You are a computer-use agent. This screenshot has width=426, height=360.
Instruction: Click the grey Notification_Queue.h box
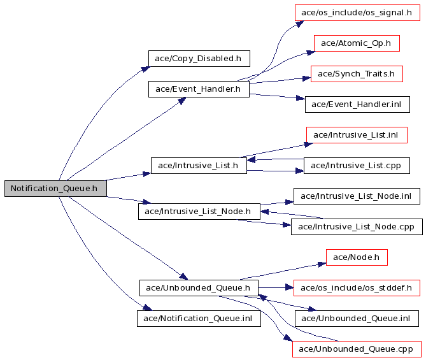point(55,188)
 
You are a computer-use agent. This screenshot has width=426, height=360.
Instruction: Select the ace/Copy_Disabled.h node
point(199,59)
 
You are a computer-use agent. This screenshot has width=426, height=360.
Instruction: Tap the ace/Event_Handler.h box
point(199,89)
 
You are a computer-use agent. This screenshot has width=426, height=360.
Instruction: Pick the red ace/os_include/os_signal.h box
point(357,13)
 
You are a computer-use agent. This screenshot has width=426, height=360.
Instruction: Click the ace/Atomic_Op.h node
point(357,43)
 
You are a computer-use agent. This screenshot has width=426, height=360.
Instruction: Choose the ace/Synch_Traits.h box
point(357,74)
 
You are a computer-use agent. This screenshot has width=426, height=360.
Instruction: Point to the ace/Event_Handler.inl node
point(357,104)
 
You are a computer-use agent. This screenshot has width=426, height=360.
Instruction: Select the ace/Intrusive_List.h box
point(199,166)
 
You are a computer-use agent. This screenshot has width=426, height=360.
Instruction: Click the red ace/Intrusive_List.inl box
point(357,135)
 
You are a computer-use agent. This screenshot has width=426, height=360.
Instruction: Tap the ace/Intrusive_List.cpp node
point(357,166)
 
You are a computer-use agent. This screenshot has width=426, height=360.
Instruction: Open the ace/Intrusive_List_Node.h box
point(199,212)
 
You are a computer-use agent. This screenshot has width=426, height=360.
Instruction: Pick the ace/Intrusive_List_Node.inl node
point(357,196)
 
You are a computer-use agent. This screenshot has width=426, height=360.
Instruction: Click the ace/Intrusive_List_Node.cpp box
point(357,227)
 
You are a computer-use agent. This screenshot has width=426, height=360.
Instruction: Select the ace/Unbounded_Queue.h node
point(199,288)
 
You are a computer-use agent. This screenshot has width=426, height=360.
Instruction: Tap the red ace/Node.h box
point(357,257)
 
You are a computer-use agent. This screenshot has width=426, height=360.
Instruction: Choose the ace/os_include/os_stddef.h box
point(357,288)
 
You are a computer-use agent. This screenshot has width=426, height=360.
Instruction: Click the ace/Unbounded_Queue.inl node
point(357,319)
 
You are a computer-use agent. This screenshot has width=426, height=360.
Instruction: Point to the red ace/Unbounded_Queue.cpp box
point(357,349)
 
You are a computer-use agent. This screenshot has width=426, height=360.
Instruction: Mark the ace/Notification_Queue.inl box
point(199,319)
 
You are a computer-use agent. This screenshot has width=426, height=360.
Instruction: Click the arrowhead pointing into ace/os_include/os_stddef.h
point(290,287)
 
